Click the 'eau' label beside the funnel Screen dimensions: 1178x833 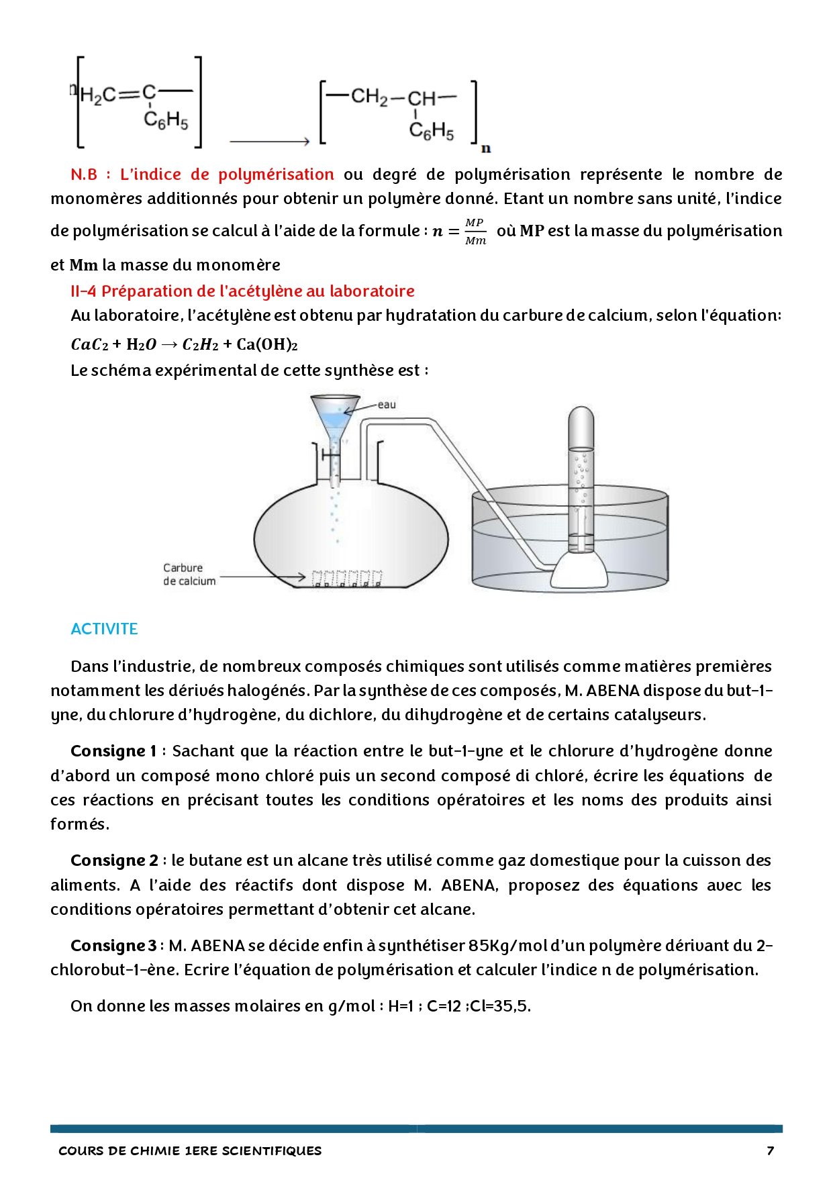click(x=387, y=404)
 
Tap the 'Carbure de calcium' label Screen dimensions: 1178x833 click(x=189, y=575)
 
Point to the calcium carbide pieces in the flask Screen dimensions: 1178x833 click(x=346, y=579)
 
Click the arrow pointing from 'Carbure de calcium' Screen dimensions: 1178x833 click(x=262, y=577)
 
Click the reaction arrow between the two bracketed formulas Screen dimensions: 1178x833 click(x=268, y=141)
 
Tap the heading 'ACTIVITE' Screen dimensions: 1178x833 click(x=104, y=629)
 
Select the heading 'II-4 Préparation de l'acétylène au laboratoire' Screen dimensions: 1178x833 click(x=242, y=291)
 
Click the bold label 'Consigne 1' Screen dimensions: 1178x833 click(x=113, y=751)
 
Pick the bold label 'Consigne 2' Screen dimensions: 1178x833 click(x=114, y=861)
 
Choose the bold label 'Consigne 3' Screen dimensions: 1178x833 click(x=113, y=946)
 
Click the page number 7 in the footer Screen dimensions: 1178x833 click(x=770, y=1150)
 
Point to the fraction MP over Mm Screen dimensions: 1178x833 click(x=475, y=232)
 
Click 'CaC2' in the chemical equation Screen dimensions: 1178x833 click(x=89, y=345)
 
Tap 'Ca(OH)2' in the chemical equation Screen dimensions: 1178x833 click(x=267, y=345)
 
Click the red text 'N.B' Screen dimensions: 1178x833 click(x=84, y=175)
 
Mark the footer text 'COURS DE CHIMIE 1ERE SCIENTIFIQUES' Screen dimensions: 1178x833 click(x=190, y=1150)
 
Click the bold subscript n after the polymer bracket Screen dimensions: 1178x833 click(x=486, y=148)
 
